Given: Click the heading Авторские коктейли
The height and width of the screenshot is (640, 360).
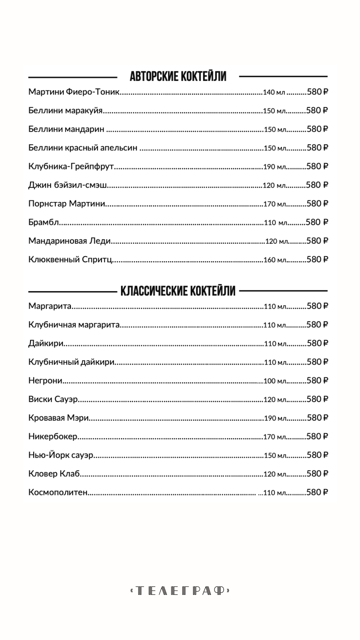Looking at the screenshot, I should (178, 76).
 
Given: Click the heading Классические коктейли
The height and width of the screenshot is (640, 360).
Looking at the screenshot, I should (178, 291).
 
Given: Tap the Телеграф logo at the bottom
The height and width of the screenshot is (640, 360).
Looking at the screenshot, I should (180, 591).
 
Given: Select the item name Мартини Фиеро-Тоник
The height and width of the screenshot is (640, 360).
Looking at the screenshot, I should (74, 92).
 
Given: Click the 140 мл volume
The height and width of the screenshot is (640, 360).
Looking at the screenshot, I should (274, 92).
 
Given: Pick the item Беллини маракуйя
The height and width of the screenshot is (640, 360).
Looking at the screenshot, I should (65, 110).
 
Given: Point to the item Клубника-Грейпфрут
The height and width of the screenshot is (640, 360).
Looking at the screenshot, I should (71, 166).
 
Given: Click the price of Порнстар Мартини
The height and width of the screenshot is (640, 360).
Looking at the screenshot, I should (317, 203).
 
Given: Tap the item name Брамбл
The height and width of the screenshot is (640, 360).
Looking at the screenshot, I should (44, 222).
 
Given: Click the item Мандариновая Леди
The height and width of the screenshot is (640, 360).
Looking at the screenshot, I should (69, 241).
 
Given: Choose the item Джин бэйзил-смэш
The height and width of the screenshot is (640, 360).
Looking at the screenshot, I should (68, 185).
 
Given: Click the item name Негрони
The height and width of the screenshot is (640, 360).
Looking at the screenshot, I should (45, 381).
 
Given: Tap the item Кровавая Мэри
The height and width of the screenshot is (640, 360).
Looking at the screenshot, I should (58, 418).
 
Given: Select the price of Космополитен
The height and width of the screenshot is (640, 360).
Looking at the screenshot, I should (317, 492).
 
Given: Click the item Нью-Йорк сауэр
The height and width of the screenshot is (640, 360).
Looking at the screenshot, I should (61, 455).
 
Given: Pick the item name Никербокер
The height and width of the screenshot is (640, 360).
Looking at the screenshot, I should (53, 437).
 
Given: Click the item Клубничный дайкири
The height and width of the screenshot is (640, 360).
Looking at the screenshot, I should (71, 362).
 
